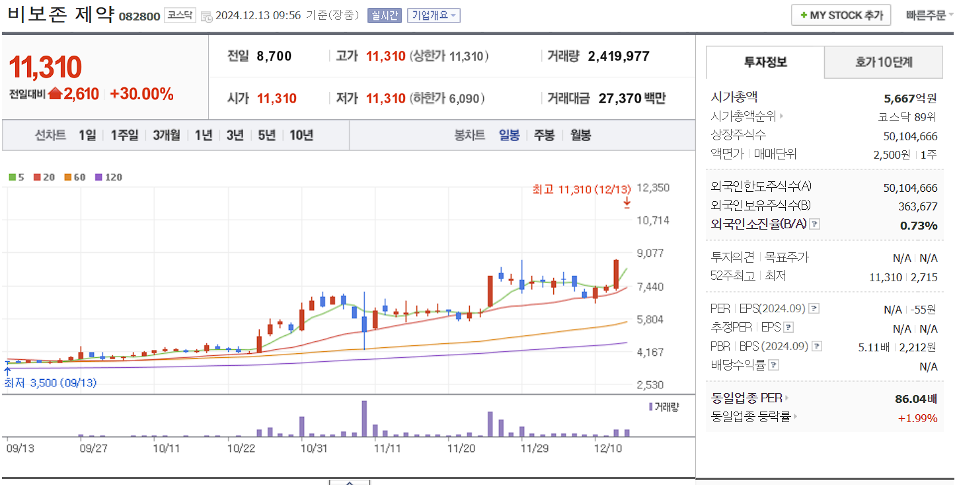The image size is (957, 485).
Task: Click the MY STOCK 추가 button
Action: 841,15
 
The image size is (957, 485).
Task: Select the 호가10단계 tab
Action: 883,63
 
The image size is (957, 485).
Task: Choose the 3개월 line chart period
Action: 166,136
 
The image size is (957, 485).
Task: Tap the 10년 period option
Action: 301,136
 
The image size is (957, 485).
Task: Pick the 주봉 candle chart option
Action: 544,136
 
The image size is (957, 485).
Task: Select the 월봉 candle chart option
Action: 580,136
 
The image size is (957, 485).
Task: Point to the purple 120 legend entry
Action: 109,177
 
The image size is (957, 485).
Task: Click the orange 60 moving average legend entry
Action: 75,177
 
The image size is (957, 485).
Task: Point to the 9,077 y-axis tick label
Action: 652,253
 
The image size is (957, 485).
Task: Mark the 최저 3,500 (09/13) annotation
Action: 50,383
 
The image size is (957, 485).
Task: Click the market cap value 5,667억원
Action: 910,99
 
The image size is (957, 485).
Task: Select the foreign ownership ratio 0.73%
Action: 919,226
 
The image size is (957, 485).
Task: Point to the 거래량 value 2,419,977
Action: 619,57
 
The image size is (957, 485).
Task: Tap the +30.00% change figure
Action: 141,94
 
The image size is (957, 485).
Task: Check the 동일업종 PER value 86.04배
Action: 915,399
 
